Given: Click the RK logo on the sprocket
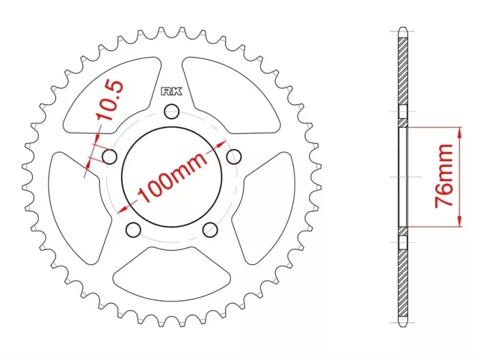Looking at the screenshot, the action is (x=171, y=91).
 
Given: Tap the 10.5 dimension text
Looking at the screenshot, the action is (x=110, y=101).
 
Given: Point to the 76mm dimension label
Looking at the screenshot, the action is (x=445, y=177).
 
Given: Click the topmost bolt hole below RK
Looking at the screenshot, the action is (x=172, y=111).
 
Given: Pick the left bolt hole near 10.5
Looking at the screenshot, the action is (x=109, y=157).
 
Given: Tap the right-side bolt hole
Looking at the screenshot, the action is (x=234, y=156).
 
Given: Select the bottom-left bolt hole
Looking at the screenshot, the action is (x=133, y=230).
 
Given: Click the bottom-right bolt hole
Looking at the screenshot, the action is (x=211, y=230).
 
